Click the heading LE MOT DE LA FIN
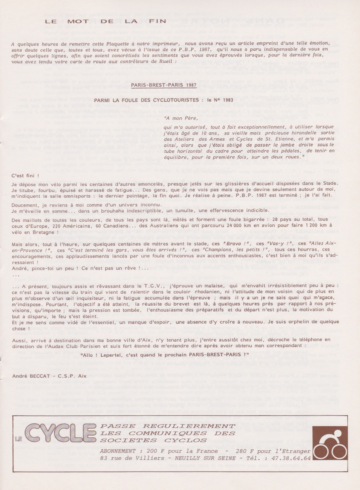pyautogui.click(x=105, y=21)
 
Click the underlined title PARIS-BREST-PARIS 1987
pyautogui.click(x=164, y=85)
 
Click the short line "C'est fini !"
pyautogui.click(x=25, y=175)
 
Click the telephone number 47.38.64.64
pyautogui.click(x=295, y=458)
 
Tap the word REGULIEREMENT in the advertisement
pyautogui.click(x=189, y=426)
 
